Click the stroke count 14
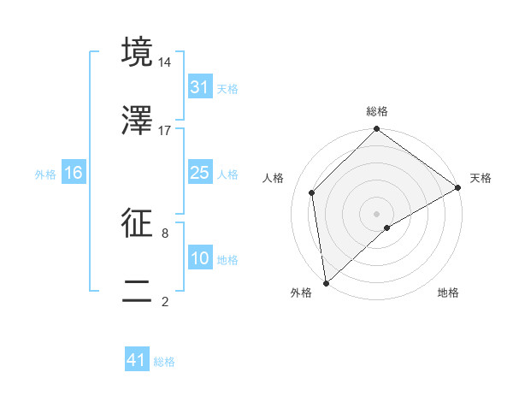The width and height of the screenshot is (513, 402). pos(165,62)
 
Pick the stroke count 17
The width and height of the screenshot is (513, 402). pos(165,130)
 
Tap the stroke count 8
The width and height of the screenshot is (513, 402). pos(165,232)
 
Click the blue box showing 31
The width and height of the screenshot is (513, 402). pos(200,87)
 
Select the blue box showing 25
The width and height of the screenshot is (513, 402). pos(200,173)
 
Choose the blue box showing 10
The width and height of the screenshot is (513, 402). pos(200,258)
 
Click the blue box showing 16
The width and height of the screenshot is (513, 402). pos(74,173)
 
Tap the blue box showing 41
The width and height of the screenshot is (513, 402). pos(137,360)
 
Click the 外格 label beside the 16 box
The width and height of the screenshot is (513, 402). pos(45,174)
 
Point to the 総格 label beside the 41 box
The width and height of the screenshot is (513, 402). pos(164,361)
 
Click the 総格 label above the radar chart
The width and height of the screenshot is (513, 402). pos(376,112)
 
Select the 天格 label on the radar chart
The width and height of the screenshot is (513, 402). pos(481,178)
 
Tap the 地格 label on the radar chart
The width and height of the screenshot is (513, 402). pos(448,293)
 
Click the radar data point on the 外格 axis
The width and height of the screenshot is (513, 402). pos(326,282)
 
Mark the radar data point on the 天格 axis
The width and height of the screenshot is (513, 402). pos(458,187)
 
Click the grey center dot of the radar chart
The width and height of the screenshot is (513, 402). pos(376,213)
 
